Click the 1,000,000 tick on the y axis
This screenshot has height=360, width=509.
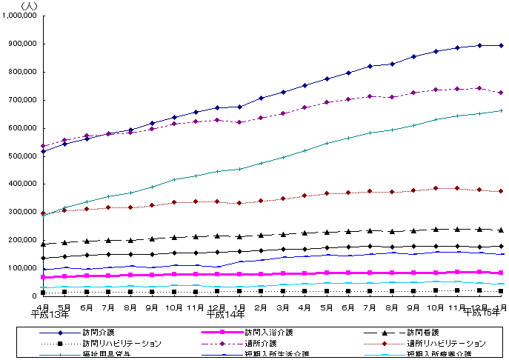click(20, 16)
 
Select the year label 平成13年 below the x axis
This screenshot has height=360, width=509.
click(51, 315)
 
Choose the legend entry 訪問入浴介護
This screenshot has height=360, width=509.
click(270, 332)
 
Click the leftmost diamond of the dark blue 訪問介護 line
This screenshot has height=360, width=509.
click(43, 151)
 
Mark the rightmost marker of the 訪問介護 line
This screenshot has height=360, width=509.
click(502, 45)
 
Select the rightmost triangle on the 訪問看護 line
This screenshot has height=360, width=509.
click(502, 230)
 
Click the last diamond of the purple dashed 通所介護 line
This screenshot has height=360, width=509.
click(502, 93)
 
